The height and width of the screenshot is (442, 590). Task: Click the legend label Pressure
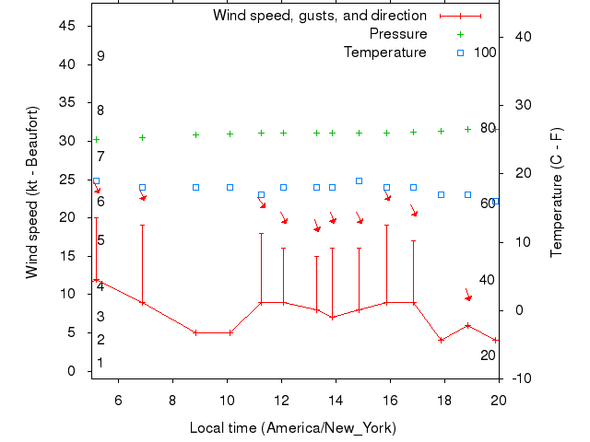(x=398, y=34)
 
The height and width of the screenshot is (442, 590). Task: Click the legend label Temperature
(x=385, y=52)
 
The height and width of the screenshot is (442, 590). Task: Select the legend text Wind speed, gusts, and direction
(x=320, y=16)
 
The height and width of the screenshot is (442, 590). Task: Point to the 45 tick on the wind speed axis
(x=67, y=26)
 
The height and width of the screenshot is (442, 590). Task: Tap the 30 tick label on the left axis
(x=67, y=141)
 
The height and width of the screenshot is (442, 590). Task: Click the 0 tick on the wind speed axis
(x=72, y=371)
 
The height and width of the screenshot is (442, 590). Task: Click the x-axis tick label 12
(x=281, y=400)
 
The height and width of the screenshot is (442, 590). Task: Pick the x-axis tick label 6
(x=118, y=400)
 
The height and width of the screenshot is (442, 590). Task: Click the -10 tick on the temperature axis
(x=520, y=378)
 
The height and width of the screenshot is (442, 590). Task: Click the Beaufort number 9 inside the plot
(x=100, y=56)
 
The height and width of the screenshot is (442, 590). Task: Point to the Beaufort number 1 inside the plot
(x=100, y=363)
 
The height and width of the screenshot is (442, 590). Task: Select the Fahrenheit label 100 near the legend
(x=485, y=52)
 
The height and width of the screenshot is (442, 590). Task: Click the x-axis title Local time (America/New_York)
(x=292, y=428)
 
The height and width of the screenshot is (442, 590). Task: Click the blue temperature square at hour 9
(x=195, y=187)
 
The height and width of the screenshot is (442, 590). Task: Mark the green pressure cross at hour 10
(x=230, y=134)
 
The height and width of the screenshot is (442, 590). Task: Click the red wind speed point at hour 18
(x=442, y=340)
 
